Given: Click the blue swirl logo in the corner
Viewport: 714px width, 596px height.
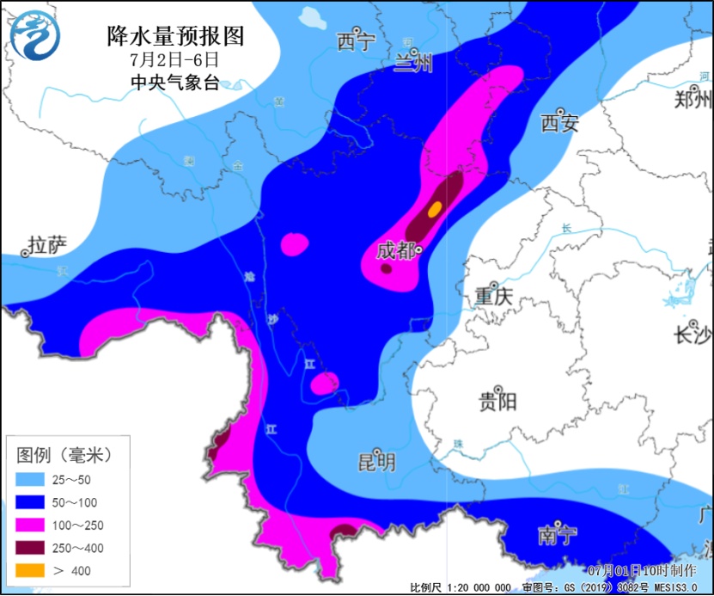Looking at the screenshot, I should pos(35,35).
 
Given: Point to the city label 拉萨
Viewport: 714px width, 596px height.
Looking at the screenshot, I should pos(46,246).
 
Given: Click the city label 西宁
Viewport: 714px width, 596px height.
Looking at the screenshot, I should pos(356,41).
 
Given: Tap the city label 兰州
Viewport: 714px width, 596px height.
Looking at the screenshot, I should pos(413,64).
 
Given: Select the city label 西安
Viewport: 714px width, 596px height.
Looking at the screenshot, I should pos(559,123).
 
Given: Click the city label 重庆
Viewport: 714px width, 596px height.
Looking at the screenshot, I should pos(493,297).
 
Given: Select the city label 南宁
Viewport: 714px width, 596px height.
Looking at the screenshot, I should pos(557,535).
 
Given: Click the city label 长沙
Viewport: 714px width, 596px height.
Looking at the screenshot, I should pos(693,335).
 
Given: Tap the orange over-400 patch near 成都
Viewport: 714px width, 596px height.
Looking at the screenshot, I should pos(436,208).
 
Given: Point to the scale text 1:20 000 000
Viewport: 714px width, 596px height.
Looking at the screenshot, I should pos(478,587).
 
